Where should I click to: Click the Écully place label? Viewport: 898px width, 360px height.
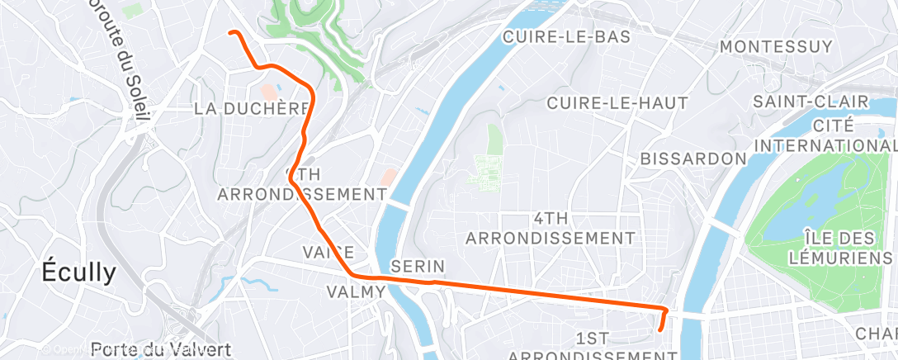[x=80, y=273]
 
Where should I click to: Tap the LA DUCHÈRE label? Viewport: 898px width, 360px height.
[x=252, y=109]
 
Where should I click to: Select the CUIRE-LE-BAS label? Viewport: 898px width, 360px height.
[x=566, y=36]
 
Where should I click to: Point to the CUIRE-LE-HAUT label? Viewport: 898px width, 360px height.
[x=606, y=102]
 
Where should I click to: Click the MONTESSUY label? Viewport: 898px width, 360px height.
[x=776, y=47]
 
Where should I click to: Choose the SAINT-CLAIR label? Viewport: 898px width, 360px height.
[x=810, y=102]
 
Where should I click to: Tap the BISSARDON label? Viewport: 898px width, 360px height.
[x=693, y=157]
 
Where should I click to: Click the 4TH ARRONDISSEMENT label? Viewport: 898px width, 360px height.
[x=551, y=228]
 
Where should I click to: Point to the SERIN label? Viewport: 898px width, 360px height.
[x=418, y=266]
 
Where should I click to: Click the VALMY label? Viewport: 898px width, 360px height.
[x=356, y=291]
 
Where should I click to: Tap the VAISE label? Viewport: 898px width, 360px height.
[x=328, y=252]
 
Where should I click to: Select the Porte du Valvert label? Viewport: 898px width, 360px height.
[x=160, y=349]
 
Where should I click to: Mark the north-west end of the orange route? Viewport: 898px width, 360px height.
[x=230, y=32]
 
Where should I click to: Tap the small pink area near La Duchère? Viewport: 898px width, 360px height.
[x=267, y=89]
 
